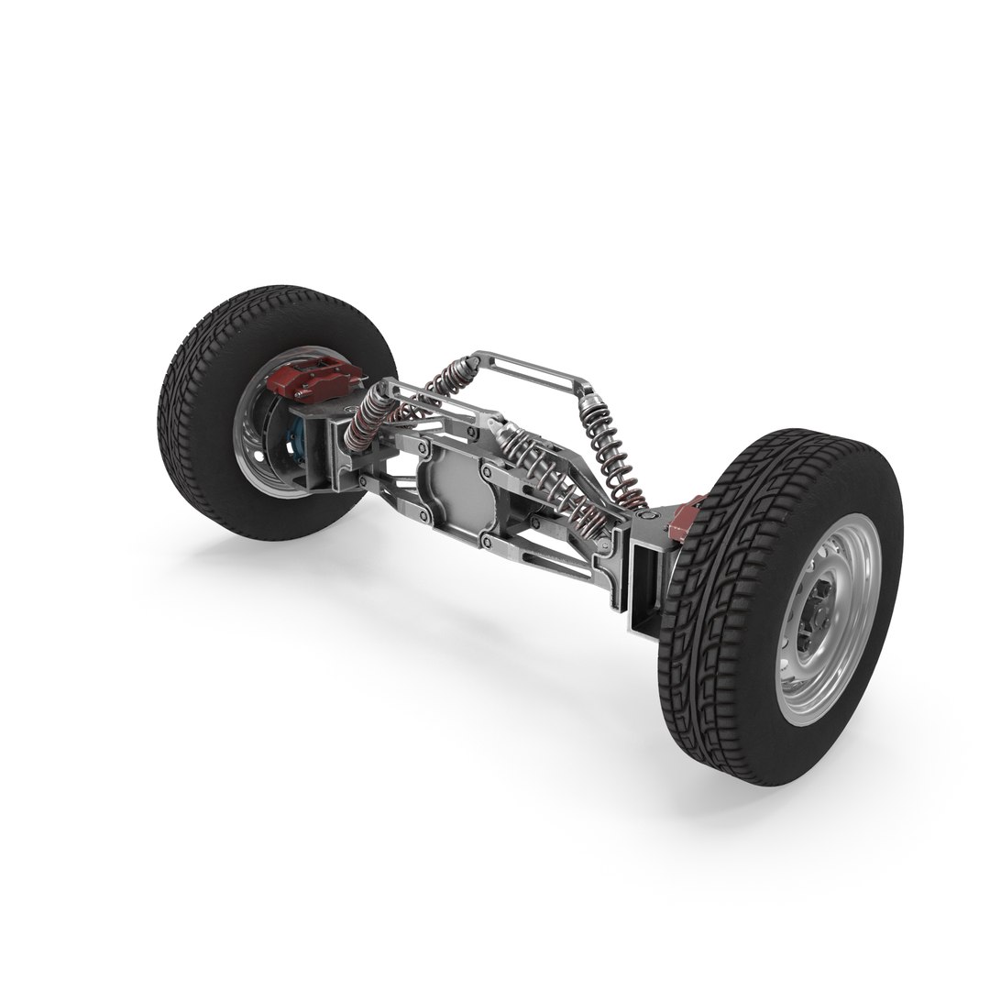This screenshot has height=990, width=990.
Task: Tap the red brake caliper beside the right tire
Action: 688,519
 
